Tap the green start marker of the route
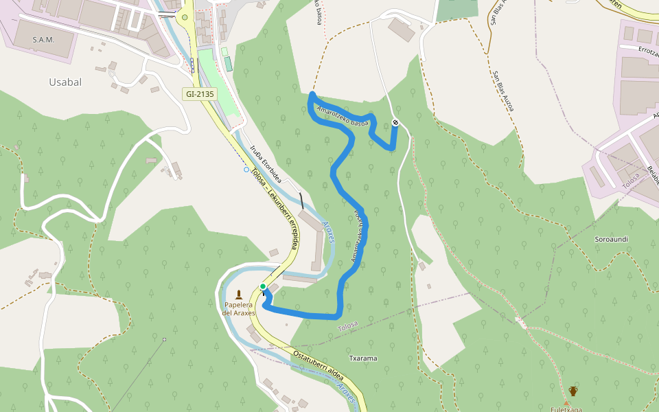coord(263,286)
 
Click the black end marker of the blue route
coord(395,122)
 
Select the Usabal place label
coord(65,82)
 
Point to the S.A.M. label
coord(43,40)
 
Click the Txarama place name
coord(363,358)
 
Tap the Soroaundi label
coord(612,238)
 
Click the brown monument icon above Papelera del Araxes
coord(239,294)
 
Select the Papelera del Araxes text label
coord(239,308)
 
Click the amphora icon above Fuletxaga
coord(573,391)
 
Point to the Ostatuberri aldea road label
coord(317,363)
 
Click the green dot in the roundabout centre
coord(185,18)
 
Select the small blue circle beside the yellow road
coord(246,169)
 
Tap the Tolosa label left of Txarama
coord(348,328)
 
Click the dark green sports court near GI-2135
coord(227,63)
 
